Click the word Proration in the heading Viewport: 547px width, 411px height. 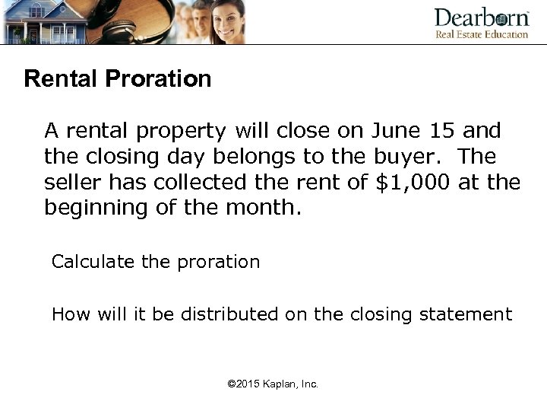tap(163, 79)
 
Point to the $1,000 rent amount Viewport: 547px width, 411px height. tap(416, 183)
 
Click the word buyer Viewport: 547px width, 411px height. tap(407, 157)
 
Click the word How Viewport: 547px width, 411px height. tap(68, 314)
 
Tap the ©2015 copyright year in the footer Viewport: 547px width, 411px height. tap(246, 384)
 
